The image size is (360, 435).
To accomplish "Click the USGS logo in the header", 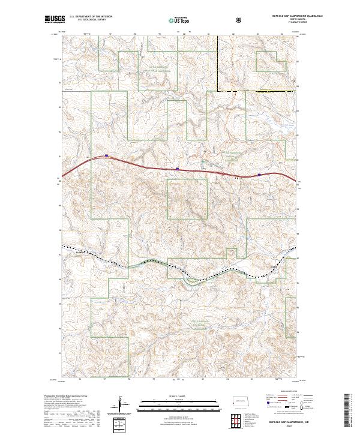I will (55, 20).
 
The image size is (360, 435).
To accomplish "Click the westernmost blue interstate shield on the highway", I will (106, 155).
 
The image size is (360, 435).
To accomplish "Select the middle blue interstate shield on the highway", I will (177, 169).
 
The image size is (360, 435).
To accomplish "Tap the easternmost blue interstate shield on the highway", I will (259, 175).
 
